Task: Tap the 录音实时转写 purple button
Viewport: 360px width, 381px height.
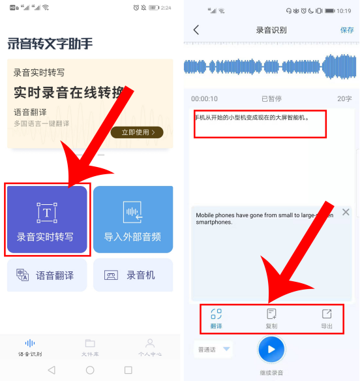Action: click(46, 220)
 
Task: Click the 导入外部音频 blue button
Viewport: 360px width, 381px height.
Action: click(132, 220)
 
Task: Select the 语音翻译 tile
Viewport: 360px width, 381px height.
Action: click(46, 275)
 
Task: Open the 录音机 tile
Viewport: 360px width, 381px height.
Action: click(132, 275)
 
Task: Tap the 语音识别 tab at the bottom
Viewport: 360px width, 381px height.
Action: click(30, 348)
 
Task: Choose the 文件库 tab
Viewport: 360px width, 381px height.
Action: click(90, 348)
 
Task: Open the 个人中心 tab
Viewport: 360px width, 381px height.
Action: click(149, 348)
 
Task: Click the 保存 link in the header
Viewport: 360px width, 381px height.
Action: click(347, 30)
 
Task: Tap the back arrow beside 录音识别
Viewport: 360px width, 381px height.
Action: click(196, 30)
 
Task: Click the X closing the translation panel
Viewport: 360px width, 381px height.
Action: click(346, 212)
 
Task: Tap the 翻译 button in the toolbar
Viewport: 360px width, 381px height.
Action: click(217, 318)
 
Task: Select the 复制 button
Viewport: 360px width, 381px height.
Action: click(271, 318)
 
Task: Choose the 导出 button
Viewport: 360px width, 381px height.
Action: click(327, 318)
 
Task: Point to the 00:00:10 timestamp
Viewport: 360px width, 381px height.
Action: click(204, 99)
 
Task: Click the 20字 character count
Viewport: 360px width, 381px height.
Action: click(344, 99)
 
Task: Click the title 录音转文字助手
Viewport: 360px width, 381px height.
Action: click(50, 44)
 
